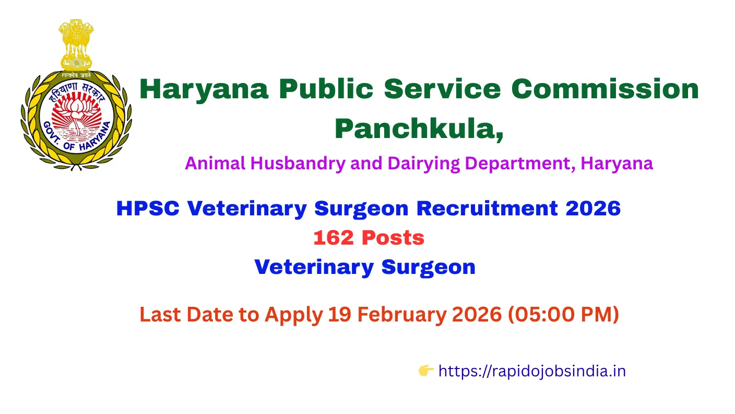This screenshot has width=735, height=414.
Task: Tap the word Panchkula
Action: pyautogui.click(x=419, y=128)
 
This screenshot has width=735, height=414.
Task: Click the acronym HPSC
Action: pyautogui.click(x=148, y=209)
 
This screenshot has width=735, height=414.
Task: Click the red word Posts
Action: pyautogui.click(x=393, y=238)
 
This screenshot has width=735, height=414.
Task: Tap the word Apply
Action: pyautogui.click(x=294, y=315)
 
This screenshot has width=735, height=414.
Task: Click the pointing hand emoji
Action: pyautogui.click(x=426, y=371)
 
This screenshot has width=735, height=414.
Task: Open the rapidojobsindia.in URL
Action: pyautogui.click(x=532, y=371)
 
